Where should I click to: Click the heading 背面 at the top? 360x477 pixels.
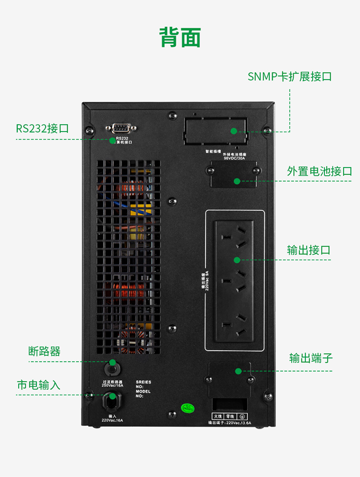pyautogui.click(x=180, y=37)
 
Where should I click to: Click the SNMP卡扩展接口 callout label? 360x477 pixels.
pyautogui.click(x=289, y=77)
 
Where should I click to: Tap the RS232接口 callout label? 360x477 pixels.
pyautogui.click(x=42, y=129)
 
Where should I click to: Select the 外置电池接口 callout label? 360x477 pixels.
pyautogui.click(x=319, y=171)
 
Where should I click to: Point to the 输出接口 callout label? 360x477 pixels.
pyautogui.click(x=309, y=250)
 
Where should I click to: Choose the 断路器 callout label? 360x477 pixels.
pyautogui.click(x=45, y=351)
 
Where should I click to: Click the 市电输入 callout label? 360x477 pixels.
pyautogui.click(x=39, y=385)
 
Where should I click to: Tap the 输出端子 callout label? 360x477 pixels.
pyautogui.click(x=311, y=358)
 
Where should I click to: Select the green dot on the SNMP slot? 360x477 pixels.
pyautogui.click(x=234, y=131)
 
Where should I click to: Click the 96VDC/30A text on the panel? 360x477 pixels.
pyautogui.click(x=234, y=158)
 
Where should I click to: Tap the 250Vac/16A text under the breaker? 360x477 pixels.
pyautogui.click(x=112, y=385)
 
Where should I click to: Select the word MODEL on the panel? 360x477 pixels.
pyautogui.click(x=143, y=391)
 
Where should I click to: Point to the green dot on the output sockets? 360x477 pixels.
pyautogui.click(x=236, y=260)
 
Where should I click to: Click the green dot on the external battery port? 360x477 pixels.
pyautogui.click(x=236, y=181)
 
